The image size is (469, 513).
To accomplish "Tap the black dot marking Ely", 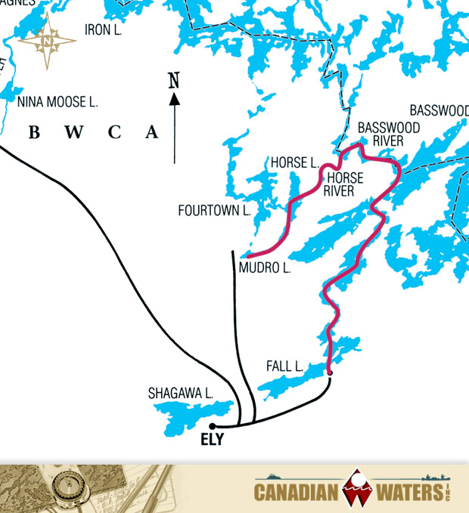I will pyautogui.click(x=213, y=427).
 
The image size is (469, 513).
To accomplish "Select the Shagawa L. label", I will pyautogui.click(x=181, y=393).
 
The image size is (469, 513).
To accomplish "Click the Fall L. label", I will pyautogui.click(x=284, y=366).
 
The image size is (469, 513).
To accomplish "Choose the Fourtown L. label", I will pyautogui.click(x=214, y=211).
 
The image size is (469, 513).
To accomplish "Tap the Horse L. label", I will pyautogui.click(x=294, y=162).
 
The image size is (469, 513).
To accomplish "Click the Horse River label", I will pyautogui.click(x=343, y=184).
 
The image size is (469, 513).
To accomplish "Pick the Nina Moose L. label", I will pyautogui.click(x=57, y=101).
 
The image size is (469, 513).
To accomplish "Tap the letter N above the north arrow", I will pyautogui.click(x=174, y=79).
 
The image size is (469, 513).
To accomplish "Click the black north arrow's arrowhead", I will pyautogui.click(x=175, y=97).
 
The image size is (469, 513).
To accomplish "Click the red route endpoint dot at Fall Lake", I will pyautogui.click(x=330, y=372).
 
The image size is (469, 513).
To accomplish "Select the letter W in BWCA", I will pyautogui.click(x=73, y=133).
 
